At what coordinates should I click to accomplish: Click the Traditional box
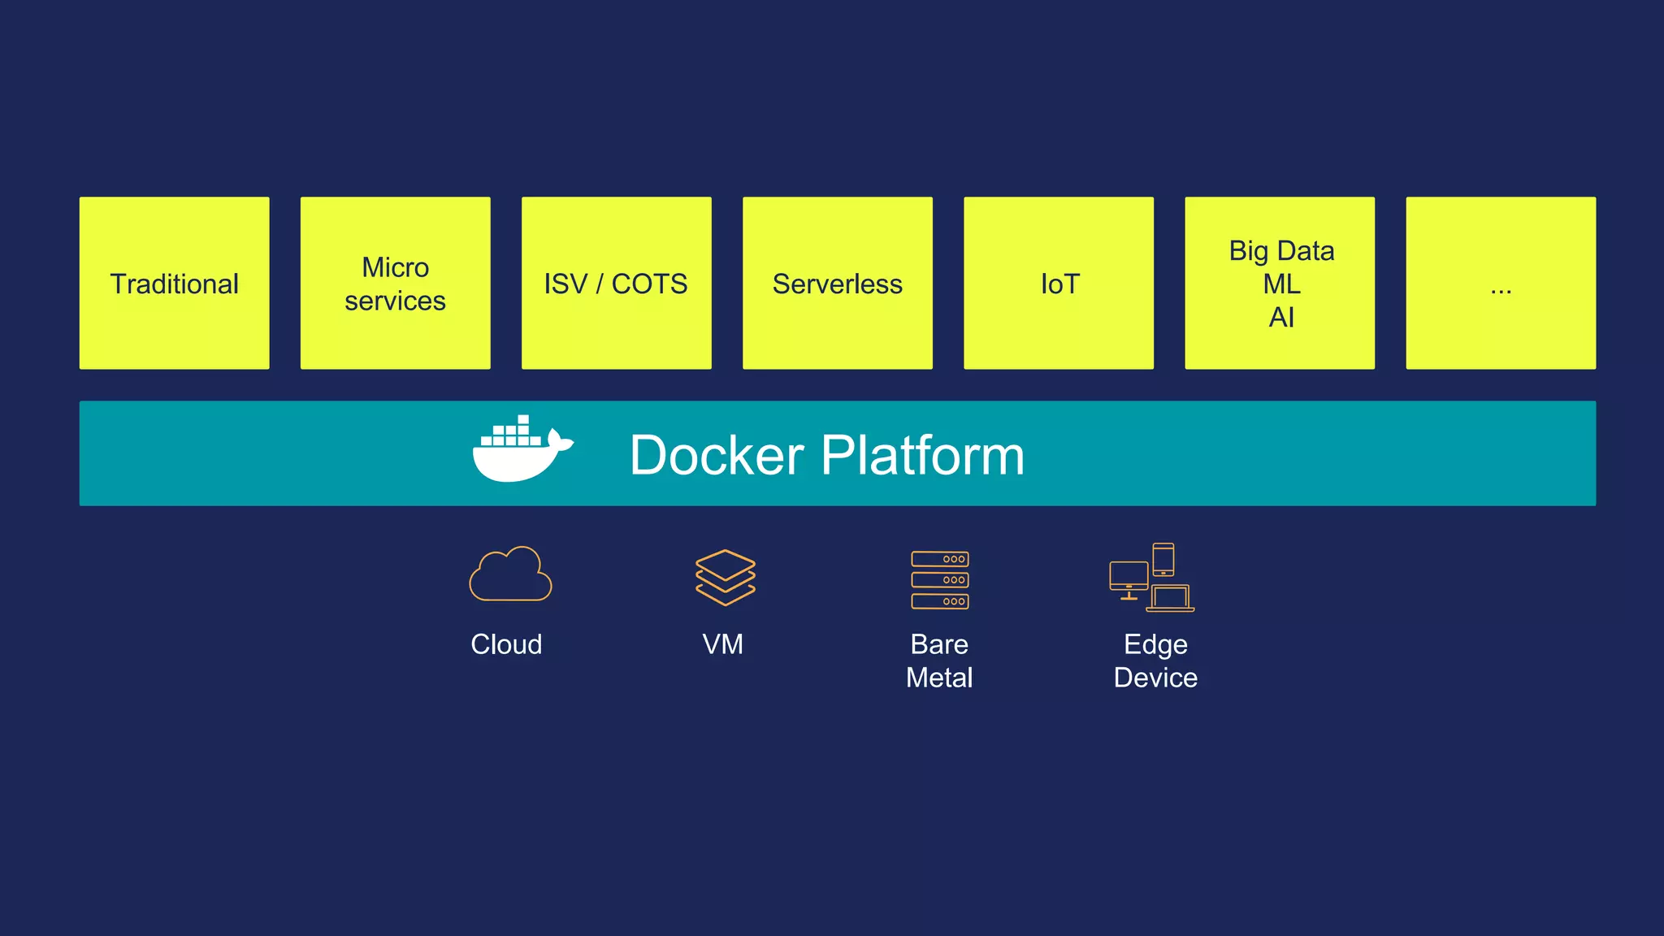174,283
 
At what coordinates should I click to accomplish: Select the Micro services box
395,283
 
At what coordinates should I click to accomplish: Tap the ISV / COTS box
616,283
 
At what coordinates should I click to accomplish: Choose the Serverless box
837,283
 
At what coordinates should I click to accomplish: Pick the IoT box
1058,283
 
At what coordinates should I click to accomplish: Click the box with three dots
1500,283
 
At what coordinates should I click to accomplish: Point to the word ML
1281,284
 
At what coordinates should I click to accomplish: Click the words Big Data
1281,250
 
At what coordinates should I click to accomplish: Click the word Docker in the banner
716,455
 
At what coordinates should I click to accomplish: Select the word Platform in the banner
922,455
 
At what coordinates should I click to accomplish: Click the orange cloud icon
510,574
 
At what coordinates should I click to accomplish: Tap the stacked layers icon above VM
725,577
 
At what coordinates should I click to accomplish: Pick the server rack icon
939,579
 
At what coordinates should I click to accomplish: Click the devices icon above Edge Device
1151,578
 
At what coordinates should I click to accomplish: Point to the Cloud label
506,644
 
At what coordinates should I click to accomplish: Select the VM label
722,644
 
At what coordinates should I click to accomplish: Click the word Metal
939,678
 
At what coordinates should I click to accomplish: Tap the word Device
1155,678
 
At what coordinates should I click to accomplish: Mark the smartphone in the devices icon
1163,559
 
